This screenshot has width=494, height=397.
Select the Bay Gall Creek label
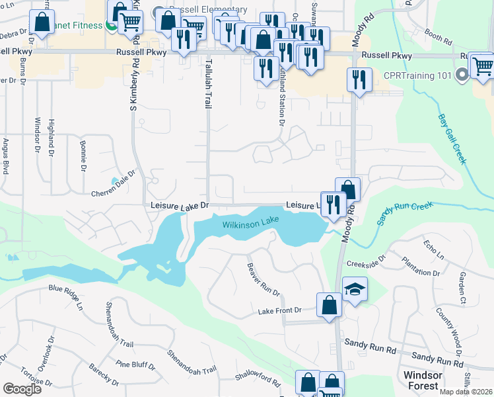[x=452, y=139]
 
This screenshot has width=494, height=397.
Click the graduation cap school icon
[x=355, y=289]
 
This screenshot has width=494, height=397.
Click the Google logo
[x=22, y=389]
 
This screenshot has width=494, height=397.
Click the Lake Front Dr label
[x=279, y=310]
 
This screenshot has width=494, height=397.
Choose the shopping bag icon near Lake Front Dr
[x=329, y=305]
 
